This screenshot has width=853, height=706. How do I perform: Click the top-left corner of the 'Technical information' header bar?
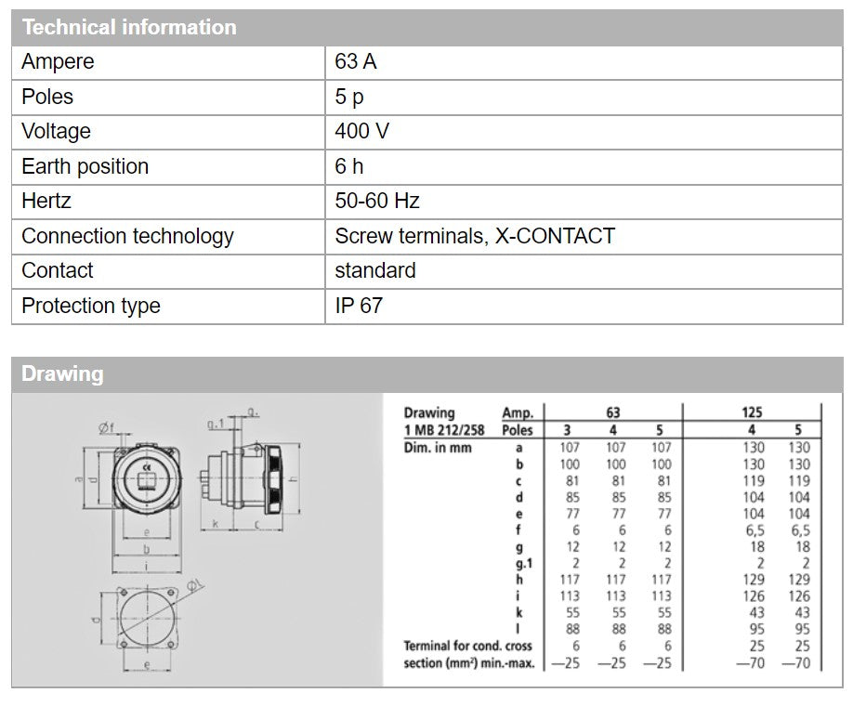[12, 10]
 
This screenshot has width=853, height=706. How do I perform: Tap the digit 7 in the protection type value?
[376, 306]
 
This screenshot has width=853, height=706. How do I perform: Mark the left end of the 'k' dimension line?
[201, 529]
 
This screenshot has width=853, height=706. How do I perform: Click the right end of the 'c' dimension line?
[283, 529]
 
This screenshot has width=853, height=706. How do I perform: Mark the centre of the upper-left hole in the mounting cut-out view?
[124, 593]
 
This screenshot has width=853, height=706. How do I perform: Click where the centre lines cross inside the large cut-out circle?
[147, 618]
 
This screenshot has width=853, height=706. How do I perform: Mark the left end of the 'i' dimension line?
[112, 572]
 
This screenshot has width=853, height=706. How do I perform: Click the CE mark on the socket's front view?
[146, 466]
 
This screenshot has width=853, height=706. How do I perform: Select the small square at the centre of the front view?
[146, 480]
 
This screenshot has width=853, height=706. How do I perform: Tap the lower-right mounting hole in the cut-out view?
[170, 644]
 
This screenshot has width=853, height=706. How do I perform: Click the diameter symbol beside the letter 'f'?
[103, 428]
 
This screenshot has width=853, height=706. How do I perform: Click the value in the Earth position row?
[348, 166]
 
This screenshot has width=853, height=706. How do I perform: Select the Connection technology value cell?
[584, 236]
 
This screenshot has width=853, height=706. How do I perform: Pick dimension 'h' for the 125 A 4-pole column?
[754, 580]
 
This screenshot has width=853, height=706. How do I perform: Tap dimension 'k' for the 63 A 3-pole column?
[572, 612]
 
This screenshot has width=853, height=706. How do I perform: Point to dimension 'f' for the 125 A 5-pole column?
[800, 530]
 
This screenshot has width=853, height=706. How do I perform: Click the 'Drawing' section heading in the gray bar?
[62, 374]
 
